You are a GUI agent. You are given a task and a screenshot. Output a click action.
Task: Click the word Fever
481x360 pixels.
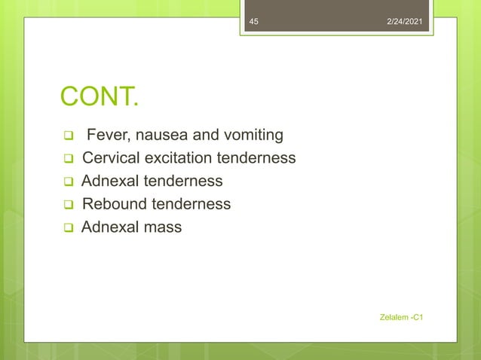[106, 136]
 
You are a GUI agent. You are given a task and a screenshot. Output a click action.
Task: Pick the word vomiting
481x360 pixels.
[253, 136]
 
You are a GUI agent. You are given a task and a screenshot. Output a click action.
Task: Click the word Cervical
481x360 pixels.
[110, 158]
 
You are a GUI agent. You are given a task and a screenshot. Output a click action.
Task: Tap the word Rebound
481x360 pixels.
[115, 203]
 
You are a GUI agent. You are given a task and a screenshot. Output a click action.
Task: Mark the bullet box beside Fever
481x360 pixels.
[67, 137]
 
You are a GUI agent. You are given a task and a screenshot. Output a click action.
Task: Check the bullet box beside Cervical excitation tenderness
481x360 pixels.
[67, 160]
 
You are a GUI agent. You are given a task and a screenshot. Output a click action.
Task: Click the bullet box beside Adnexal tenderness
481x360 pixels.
[67, 182]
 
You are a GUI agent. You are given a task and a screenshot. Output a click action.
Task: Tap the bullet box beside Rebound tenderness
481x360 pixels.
[67, 205]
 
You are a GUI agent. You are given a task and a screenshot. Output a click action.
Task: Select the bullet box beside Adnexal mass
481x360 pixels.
[67, 227]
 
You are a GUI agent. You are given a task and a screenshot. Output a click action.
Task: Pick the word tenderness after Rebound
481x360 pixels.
[191, 203]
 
